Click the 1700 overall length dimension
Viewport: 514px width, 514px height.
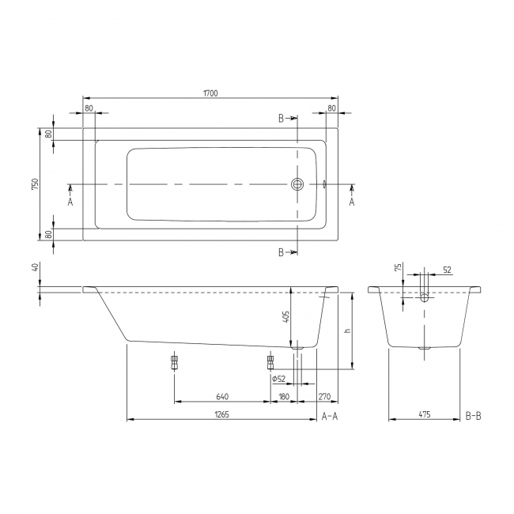tap(210, 94)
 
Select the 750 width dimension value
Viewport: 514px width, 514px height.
tap(34, 183)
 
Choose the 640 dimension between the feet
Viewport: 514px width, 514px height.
tap(222, 397)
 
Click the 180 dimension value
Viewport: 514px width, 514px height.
tap(284, 397)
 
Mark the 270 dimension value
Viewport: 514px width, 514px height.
tap(324, 397)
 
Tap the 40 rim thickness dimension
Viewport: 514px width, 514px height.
tap(35, 267)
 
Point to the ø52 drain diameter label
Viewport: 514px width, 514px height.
tap(278, 380)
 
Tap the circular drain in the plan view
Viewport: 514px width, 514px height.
tap(297, 184)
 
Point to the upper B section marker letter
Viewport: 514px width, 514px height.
tap(281, 118)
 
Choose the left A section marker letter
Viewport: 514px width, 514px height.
tap(70, 202)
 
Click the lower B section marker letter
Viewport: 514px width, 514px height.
tap(281, 252)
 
